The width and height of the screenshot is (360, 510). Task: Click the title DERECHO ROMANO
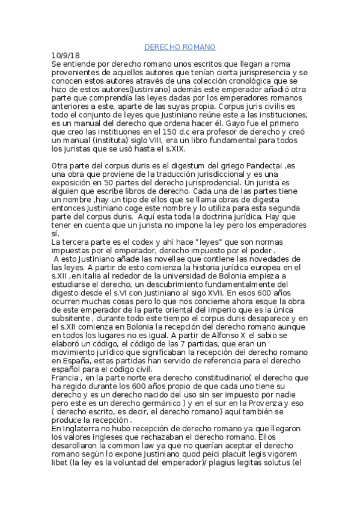coord(180,47)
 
